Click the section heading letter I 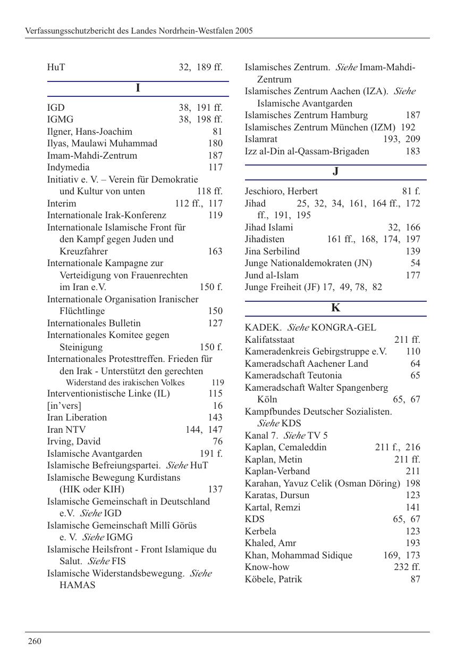click(138, 88)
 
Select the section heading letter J click(335, 171)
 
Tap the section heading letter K click(335, 308)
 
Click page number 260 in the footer click(35, 641)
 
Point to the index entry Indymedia click(68, 168)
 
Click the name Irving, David click(73, 442)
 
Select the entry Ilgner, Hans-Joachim click(89, 131)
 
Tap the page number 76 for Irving click(217, 442)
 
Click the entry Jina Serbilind click(272, 251)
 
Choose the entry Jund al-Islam click(272, 275)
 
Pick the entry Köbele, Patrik click(273, 579)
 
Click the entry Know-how click(267, 567)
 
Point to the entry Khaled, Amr click(270, 543)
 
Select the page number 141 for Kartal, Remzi click(412, 507)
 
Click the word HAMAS click(77, 585)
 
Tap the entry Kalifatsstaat click(269, 340)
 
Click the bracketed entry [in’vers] click(64, 406)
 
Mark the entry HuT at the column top click(56, 68)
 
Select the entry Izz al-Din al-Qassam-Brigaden click(307, 151)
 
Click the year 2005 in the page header click(243, 31)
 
